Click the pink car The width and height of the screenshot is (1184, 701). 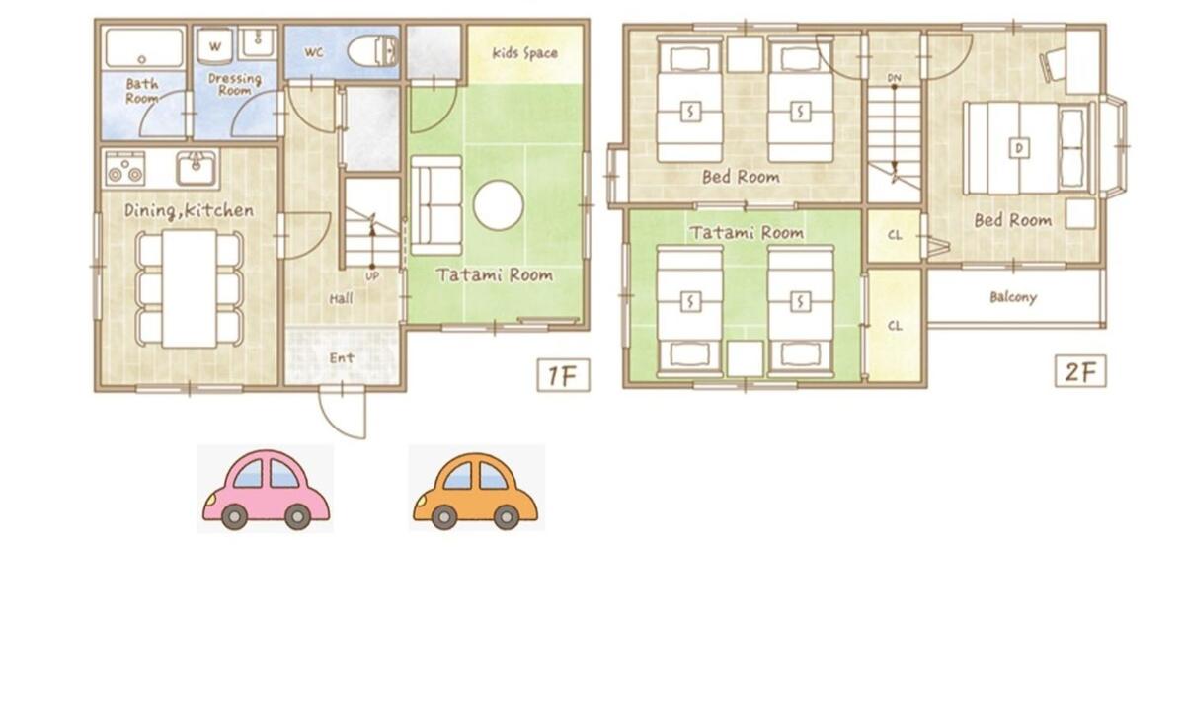point(266,489)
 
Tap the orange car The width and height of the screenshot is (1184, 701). point(475,490)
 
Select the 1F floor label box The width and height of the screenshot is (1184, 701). point(563,375)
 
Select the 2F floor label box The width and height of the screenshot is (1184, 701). point(1080,371)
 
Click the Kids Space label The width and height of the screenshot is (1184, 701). point(524,52)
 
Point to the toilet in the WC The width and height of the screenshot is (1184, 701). point(372,51)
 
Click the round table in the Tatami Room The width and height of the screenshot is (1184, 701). point(499,204)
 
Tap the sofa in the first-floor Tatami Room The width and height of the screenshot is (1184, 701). point(435,205)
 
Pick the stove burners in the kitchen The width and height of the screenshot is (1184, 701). point(125,168)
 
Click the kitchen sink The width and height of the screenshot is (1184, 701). point(197,168)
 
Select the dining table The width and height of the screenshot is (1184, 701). point(190,288)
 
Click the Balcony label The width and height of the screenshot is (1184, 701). point(1012,297)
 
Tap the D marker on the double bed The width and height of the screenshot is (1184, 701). point(1019,148)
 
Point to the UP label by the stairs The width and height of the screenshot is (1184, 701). point(372,276)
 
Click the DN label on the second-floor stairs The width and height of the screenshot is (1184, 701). point(894,78)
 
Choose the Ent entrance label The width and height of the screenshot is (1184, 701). point(342,357)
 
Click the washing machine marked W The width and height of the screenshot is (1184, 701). point(215,46)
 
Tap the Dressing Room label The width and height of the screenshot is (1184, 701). point(234,84)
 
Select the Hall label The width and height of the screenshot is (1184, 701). point(341,299)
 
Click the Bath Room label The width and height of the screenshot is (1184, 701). point(142,91)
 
